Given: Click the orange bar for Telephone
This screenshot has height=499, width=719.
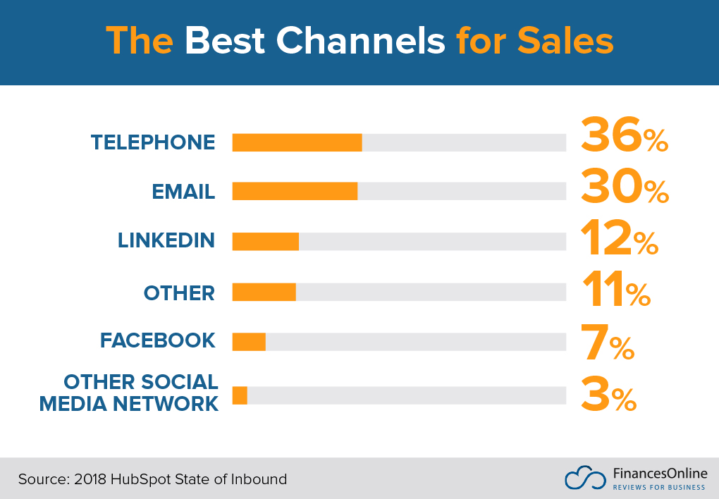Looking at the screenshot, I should pyautogui.click(x=297, y=142).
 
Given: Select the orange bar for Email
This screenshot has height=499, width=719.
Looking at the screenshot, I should pyautogui.click(x=295, y=192).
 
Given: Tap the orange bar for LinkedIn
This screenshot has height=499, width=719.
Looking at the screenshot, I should pyautogui.click(x=265, y=241).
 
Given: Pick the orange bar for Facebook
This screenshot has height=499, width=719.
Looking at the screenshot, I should pyautogui.click(x=249, y=342).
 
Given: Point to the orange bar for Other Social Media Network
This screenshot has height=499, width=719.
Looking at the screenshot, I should pyautogui.click(x=240, y=395).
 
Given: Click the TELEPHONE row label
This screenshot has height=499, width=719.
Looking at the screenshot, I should pyautogui.click(x=153, y=142).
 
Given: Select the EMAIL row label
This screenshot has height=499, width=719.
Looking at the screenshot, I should pyautogui.click(x=183, y=192).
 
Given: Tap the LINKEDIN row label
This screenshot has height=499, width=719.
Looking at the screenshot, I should pyautogui.click(x=166, y=240).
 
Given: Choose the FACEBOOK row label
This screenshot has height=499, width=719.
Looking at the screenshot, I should pyautogui.click(x=157, y=340).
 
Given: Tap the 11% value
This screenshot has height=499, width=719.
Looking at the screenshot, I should pyautogui.click(x=615, y=289).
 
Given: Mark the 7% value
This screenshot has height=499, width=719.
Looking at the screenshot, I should pyautogui.click(x=607, y=341).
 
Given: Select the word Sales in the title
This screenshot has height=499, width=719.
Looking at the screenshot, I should pyautogui.click(x=565, y=42).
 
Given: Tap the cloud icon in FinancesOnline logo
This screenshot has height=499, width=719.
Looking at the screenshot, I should pyautogui.click(x=584, y=478).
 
